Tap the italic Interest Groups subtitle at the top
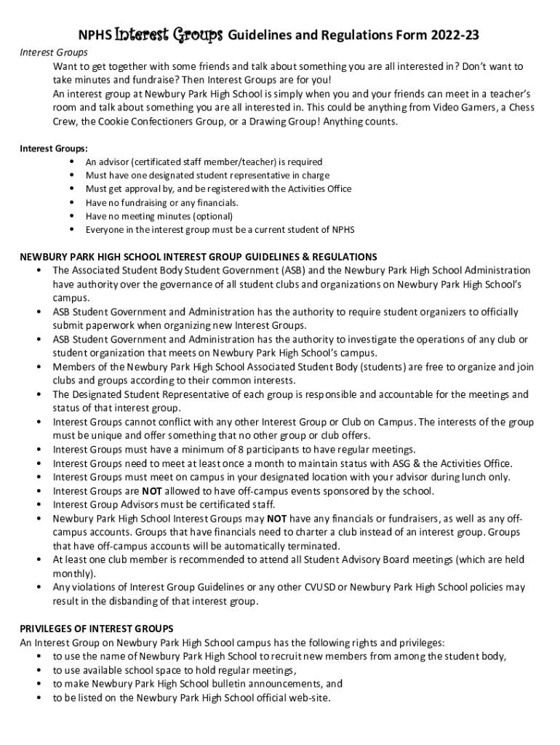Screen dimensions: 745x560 click(x=53, y=52)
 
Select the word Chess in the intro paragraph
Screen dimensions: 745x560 click(x=499, y=108)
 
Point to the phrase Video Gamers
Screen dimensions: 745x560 click(x=439, y=108)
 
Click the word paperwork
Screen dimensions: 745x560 click(x=102, y=325)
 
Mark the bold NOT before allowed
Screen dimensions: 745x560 click(x=151, y=491)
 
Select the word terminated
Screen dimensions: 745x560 click(x=313, y=546)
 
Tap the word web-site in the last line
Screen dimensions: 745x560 click(x=311, y=698)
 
